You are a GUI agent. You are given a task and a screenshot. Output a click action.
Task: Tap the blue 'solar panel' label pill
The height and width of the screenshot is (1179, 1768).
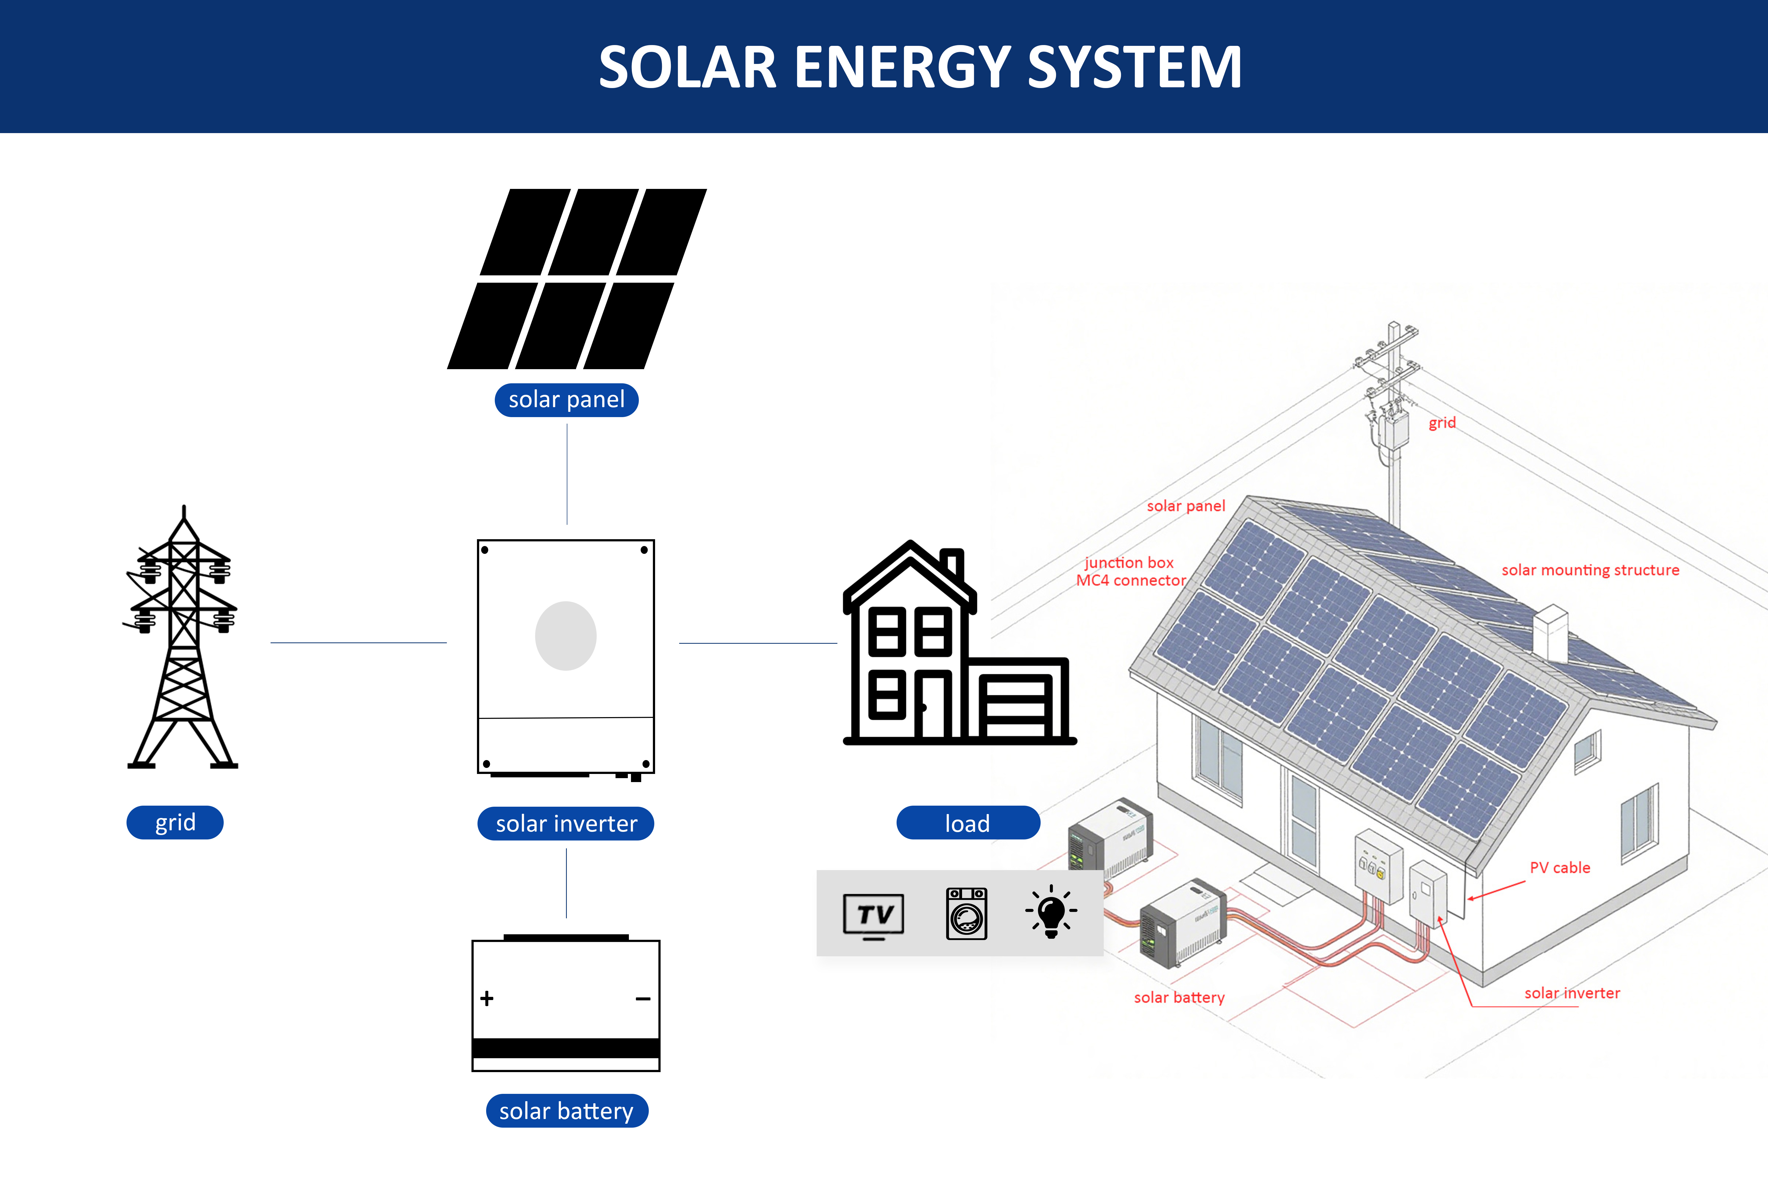pos(567,399)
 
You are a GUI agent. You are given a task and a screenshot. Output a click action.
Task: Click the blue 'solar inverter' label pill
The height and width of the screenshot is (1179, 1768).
pos(566,823)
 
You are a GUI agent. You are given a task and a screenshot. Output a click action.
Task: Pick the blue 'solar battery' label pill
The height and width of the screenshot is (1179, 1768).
pos(567,1111)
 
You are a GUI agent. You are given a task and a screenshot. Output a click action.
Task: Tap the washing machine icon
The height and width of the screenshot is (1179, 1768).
pos(967,914)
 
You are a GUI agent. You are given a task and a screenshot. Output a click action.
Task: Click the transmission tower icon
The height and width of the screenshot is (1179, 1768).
pos(183,639)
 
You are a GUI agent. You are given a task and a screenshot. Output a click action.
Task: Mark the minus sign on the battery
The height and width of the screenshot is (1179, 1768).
pos(643,998)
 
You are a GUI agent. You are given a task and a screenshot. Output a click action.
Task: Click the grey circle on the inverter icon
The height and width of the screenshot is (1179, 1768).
pos(566,635)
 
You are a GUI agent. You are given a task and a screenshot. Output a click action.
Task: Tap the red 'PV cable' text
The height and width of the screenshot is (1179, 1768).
pos(1560,868)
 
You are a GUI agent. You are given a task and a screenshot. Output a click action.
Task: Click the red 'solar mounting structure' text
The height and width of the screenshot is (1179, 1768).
pos(1590,570)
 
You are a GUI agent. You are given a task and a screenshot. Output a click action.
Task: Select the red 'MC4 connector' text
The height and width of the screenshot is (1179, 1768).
pos(1130,581)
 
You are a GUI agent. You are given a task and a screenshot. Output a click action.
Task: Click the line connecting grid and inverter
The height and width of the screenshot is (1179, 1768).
pos(359,643)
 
